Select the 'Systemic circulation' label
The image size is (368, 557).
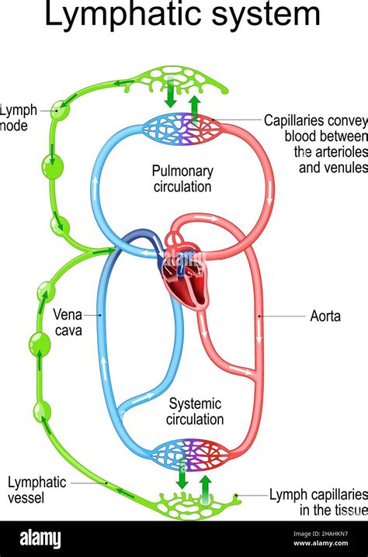click(196, 412)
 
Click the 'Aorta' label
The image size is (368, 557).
click(325, 317)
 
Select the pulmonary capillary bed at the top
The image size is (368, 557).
click(185, 128)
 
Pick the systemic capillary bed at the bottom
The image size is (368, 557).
click(189, 455)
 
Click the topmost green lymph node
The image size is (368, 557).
click(59, 110)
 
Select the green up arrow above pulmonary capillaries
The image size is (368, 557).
click(195, 104)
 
